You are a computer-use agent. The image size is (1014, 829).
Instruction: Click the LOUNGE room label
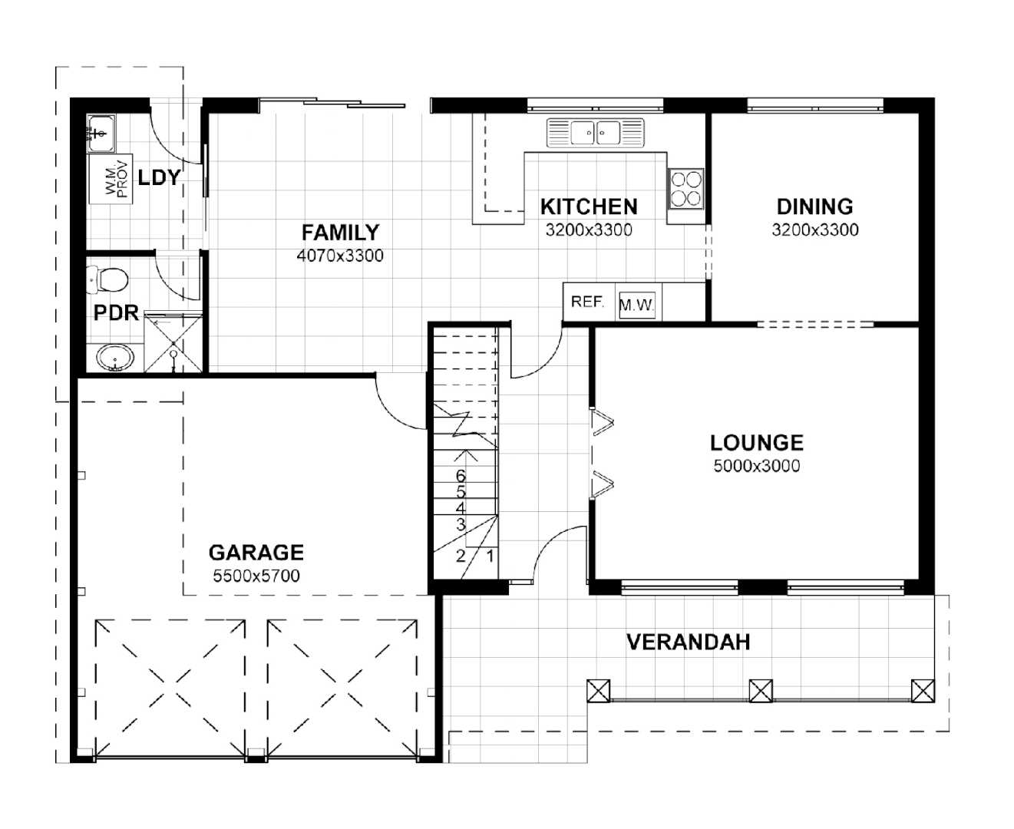click(x=756, y=443)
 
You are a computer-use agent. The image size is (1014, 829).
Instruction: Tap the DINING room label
click(x=814, y=206)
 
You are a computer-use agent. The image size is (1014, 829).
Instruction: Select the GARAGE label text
click(x=256, y=553)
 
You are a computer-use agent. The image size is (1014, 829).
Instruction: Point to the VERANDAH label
click(x=688, y=642)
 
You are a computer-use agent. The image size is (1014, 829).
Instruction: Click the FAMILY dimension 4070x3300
click(x=339, y=256)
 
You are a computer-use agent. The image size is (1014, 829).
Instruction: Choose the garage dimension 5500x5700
click(x=256, y=576)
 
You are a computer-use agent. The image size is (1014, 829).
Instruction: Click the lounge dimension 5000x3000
click(x=756, y=466)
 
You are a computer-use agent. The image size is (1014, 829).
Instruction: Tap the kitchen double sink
click(x=596, y=133)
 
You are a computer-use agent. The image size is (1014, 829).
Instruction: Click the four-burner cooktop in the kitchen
click(x=685, y=189)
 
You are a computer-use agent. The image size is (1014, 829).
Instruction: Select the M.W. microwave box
click(x=636, y=306)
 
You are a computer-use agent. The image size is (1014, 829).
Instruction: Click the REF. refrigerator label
click(x=587, y=302)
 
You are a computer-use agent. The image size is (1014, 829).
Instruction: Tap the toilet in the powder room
click(x=106, y=280)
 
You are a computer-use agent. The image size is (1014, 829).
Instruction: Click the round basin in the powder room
click(x=115, y=358)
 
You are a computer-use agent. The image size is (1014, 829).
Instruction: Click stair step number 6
click(x=461, y=477)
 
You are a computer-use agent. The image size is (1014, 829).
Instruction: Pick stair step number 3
click(x=461, y=525)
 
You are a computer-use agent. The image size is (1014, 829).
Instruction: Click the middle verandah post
click(x=760, y=690)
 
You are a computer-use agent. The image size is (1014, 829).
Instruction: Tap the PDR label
click(x=116, y=313)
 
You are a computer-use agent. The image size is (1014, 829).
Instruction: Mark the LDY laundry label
click(x=159, y=178)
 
